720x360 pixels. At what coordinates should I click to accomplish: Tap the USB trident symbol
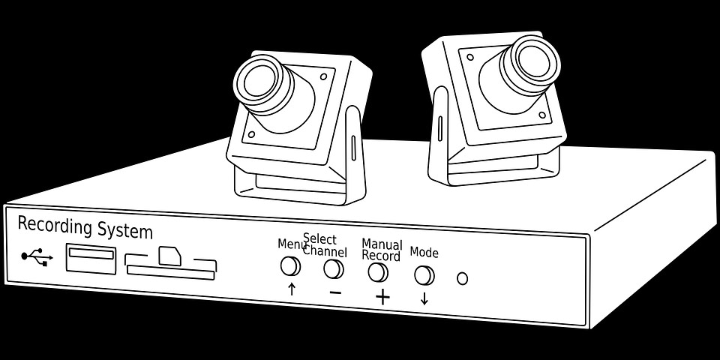coord(37,257)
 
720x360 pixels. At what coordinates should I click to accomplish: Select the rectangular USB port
coord(91,259)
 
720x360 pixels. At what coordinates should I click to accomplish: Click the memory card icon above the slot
coord(169,255)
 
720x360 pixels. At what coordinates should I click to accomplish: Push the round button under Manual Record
coord(378,272)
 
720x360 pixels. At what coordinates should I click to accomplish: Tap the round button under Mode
coord(424,275)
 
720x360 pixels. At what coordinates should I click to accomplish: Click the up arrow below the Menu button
coord(292,289)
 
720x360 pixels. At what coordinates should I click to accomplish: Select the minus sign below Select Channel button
coord(335,292)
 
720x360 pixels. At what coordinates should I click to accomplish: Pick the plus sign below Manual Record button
coord(382,297)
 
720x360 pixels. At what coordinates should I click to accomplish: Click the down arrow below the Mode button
coord(424,298)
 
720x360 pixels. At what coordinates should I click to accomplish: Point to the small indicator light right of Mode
coord(462,278)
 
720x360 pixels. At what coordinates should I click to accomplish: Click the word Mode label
coord(424,253)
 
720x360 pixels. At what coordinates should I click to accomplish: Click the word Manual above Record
coord(382,244)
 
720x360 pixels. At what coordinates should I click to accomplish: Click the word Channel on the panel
coord(325,251)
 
